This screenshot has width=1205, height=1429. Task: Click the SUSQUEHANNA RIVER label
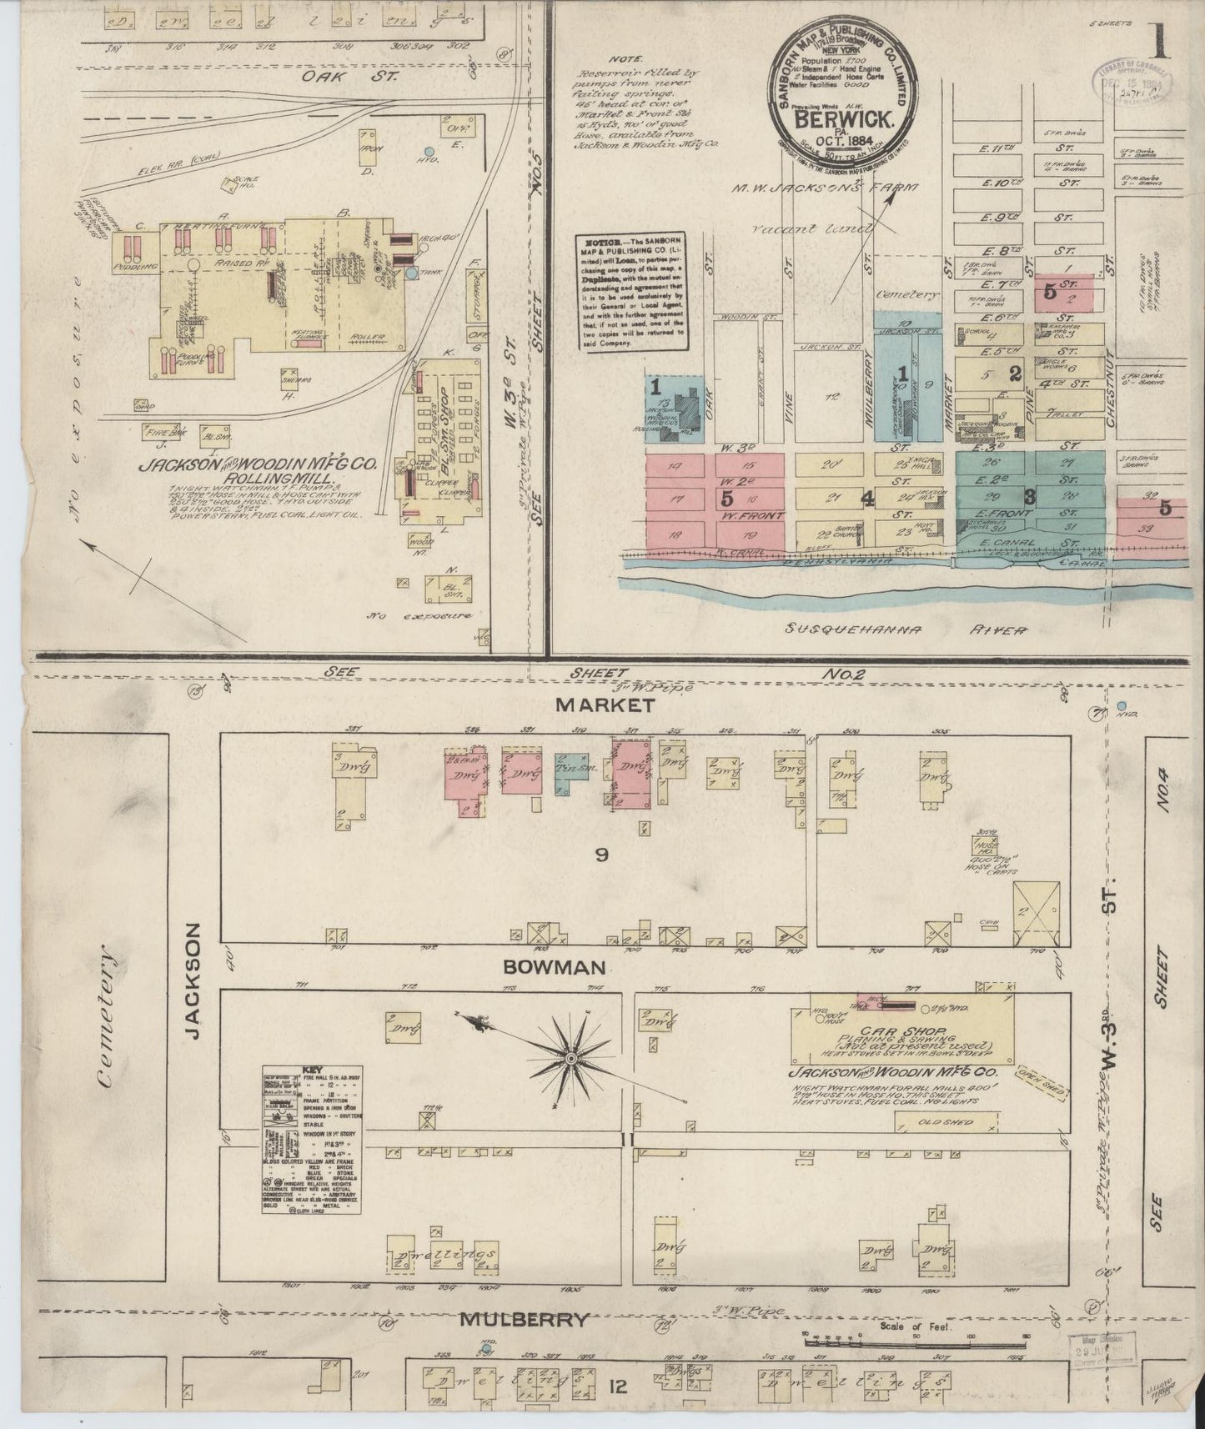click(905, 630)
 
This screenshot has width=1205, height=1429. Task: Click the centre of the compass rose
click(571, 1058)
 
